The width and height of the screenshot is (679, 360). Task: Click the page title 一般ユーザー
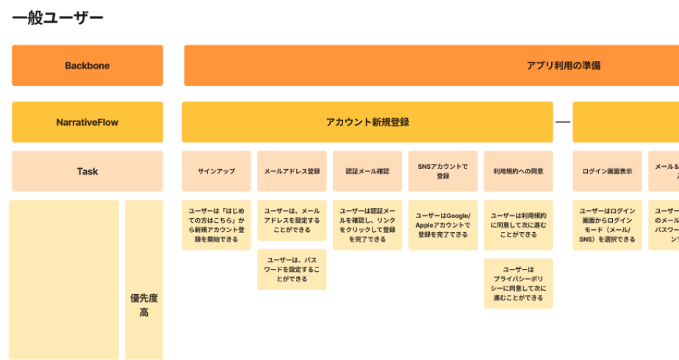[x=58, y=18]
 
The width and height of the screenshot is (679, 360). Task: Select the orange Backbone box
[x=87, y=65]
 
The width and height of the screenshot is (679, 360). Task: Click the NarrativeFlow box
[x=87, y=122]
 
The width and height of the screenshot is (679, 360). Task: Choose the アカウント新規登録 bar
[x=367, y=122]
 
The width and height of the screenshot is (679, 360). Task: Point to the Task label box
[x=87, y=171]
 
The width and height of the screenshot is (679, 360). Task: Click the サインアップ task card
[x=216, y=171]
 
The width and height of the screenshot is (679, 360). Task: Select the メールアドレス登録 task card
[x=292, y=171]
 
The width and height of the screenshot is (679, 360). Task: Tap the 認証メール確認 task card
[x=367, y=171]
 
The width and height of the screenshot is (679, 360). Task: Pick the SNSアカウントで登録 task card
[x=442, y=171]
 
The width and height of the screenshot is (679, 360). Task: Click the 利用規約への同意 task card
[x=518, y=171]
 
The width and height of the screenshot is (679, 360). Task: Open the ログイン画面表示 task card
[x=607, y=171]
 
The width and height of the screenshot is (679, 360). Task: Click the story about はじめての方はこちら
[x=216, y=225]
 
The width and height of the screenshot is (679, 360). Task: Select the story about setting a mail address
[x=292, y=220]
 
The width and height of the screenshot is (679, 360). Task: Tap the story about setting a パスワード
[x=292, y=270]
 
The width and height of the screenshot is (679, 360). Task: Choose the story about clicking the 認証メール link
[x=367, y=225]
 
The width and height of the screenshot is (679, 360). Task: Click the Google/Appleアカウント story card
[x=442, y=225]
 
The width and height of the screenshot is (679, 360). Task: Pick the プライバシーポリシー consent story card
[x=518, y=284]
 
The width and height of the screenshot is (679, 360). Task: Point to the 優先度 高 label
[x=144, y=305]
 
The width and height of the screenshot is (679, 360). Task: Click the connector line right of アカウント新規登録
[x=563, y=122]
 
